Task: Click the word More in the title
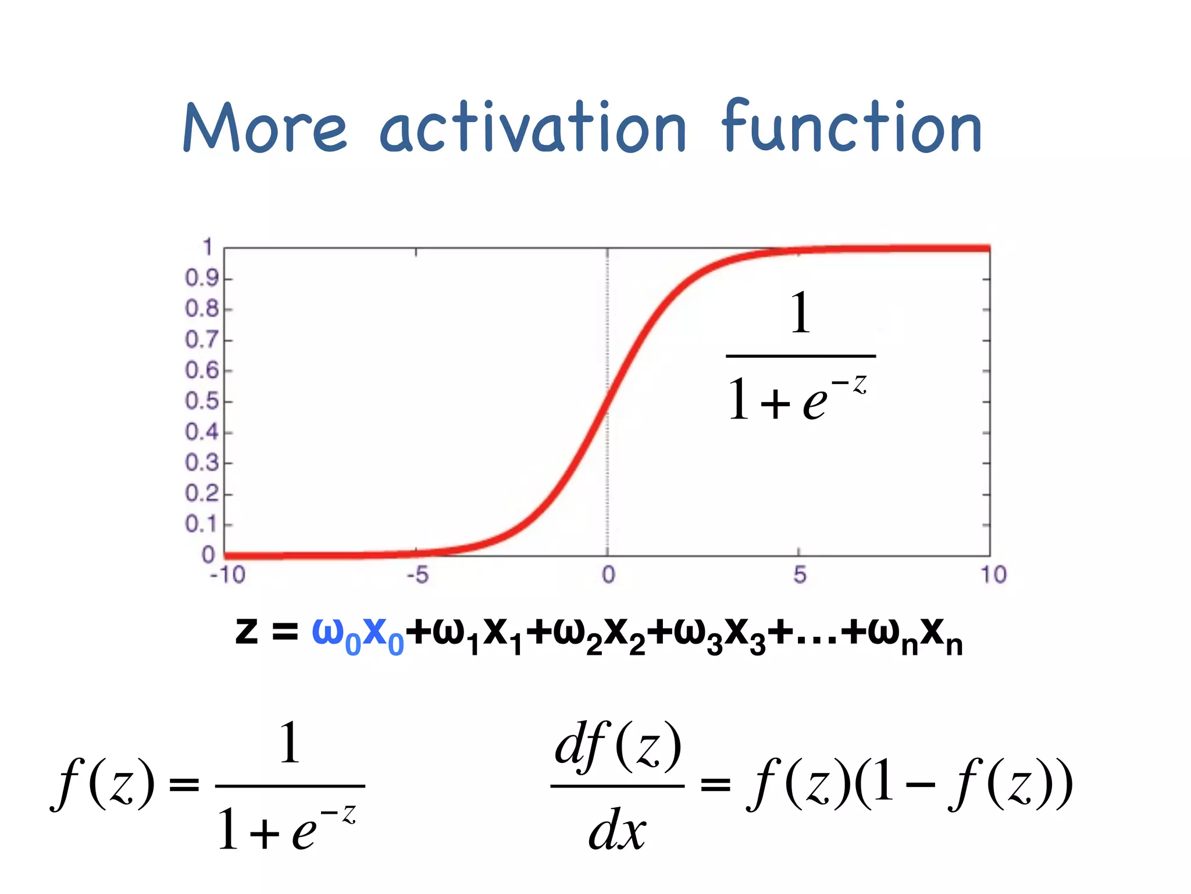point(265,127)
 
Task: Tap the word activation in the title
point(533,127)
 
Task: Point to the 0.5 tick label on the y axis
point(202,401)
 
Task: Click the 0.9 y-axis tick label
point(202,278)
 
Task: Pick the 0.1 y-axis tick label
point(202,524)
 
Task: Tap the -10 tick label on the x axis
point(227,575)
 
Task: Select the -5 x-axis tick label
point(417,575)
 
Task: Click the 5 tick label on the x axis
point(800,575)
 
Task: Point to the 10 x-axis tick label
point(993,575)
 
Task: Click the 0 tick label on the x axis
point(608,575)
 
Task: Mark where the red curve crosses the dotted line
point(608,402)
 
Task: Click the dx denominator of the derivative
point(617,829)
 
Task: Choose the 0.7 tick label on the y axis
point(202,339)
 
